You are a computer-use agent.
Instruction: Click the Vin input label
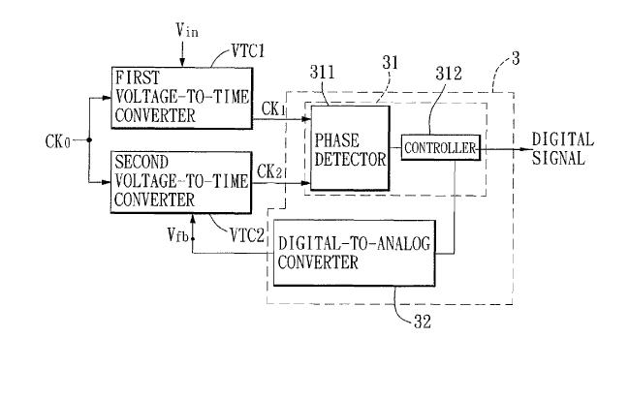(187, 30)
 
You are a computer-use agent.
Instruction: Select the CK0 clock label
(58, 141)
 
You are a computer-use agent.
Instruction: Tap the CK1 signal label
(273, 108)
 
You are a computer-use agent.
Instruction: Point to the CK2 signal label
(269, 171)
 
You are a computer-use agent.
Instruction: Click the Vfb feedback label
(177, 234)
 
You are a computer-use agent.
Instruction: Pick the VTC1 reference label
(248, 51)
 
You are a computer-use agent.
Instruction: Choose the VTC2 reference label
(247, 235)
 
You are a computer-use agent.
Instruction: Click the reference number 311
(322, 73)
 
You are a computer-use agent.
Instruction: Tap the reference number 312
(449, 74)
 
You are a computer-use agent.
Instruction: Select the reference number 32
(422, 322)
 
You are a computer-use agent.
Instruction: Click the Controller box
(441, 148)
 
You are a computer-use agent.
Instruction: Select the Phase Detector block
(350, 148)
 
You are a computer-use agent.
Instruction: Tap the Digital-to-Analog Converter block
(354, 253)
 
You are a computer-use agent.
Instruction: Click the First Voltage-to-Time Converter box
(181, 98)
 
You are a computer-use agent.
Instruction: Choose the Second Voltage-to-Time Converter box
(181, 182)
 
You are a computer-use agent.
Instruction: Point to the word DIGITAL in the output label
(562, 140)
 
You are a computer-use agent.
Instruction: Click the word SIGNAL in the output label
(558, 158)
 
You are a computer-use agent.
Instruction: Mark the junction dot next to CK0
(89, 140)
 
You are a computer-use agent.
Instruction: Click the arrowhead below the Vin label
(182, 62)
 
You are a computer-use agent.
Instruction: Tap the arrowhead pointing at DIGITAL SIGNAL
(525, 149)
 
